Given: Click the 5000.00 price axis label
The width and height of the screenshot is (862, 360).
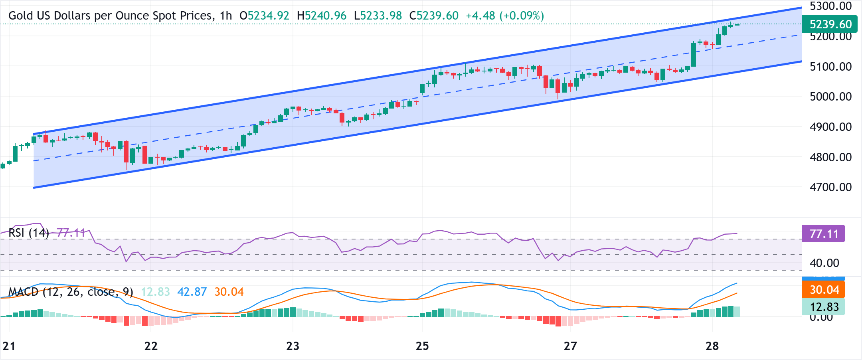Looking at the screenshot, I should pyautogui.click(x=830, y=97).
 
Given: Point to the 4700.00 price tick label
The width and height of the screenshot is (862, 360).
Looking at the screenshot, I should pyautogui.click(x=830, y=187).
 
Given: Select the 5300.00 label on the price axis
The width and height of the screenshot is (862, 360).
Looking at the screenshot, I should pyautogui.click(x=830, y=6).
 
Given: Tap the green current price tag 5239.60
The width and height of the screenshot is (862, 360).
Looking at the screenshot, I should pyautogui.click(x=830, y=24).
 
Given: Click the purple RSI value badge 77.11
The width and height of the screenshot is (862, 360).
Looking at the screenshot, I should pyautogui.click(x=824, y=234).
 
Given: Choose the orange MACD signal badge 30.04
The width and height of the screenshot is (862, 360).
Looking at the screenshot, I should pyautogui.click(x=824, y=290).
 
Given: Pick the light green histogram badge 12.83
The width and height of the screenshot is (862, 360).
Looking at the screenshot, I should pyautogui.click(x=824, y=307).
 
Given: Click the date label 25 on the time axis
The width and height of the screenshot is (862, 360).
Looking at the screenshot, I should pyautogui.click(x=422, y=346).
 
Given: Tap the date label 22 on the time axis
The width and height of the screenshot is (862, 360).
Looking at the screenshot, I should pyautogui.click(x=151, y=346).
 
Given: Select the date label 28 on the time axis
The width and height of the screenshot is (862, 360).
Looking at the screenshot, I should pyautogui.click(x=712, y=346).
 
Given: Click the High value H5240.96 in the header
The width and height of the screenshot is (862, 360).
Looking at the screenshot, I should pyautogui.click(x=322, y=16).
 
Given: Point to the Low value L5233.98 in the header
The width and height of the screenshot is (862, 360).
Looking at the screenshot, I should pyautogui.click(x=378, y=16).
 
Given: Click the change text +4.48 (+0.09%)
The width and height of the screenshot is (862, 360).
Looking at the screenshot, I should pyautogui.click(x=505, y=16).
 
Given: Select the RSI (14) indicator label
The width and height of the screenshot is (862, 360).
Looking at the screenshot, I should pyautogui.click(x=29, y=233).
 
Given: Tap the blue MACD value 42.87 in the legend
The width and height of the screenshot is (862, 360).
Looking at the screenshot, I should pyautogui.click(x=192, y=292).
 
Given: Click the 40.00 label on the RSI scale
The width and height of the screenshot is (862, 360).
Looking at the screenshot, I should pyautogui.click(x=824, y=263).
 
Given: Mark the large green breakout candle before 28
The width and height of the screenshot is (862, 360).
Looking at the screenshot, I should pyautogui.click(x=694, y=55).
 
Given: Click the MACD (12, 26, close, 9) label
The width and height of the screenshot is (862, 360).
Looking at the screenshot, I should pyautogui.click(x=71, y=292).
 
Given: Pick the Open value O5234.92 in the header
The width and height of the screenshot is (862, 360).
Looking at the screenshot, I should pyautogui.click(x=264, y=16).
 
